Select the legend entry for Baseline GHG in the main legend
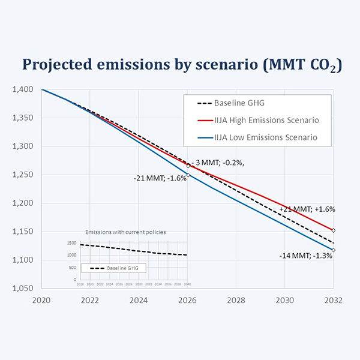point(238,103)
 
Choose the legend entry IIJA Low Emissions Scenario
point(265,138)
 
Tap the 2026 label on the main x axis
point(188,300)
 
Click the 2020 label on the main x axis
point(42,300)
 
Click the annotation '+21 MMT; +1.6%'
point(307,209)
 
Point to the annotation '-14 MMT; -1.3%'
point(306,256)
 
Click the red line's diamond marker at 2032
point(333,230)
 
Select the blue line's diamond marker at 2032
point(333,250)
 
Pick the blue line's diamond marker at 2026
point(188,175)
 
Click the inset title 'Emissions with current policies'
point(125,232)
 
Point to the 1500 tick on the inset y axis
point(71,244)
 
